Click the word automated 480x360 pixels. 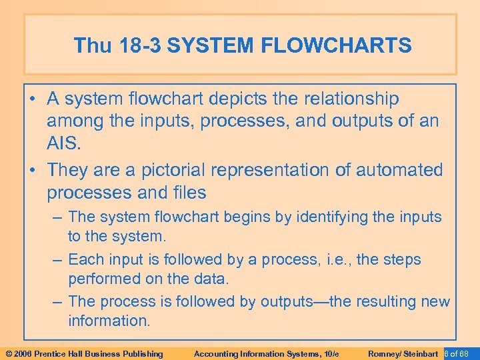(400, 170)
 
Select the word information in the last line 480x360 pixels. (109, 321)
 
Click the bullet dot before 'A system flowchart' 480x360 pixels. (33, 99)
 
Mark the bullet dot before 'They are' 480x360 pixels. (33, 171)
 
